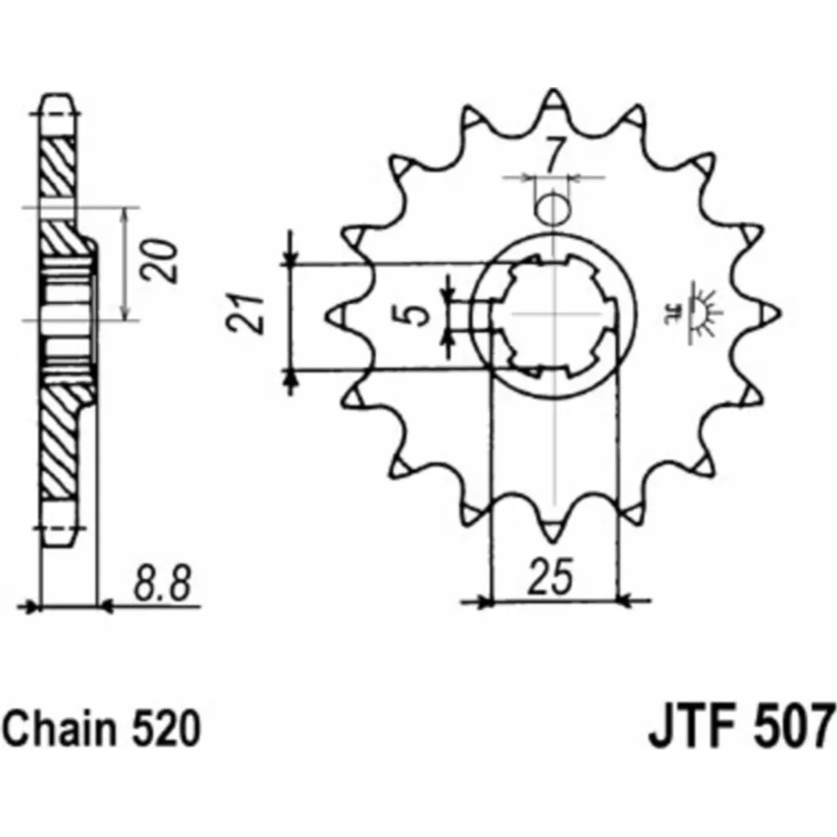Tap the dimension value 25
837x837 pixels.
551,577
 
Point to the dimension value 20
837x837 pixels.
158,261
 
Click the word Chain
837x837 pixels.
59,728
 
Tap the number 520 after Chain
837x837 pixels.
166,728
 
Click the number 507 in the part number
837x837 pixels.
793,726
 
